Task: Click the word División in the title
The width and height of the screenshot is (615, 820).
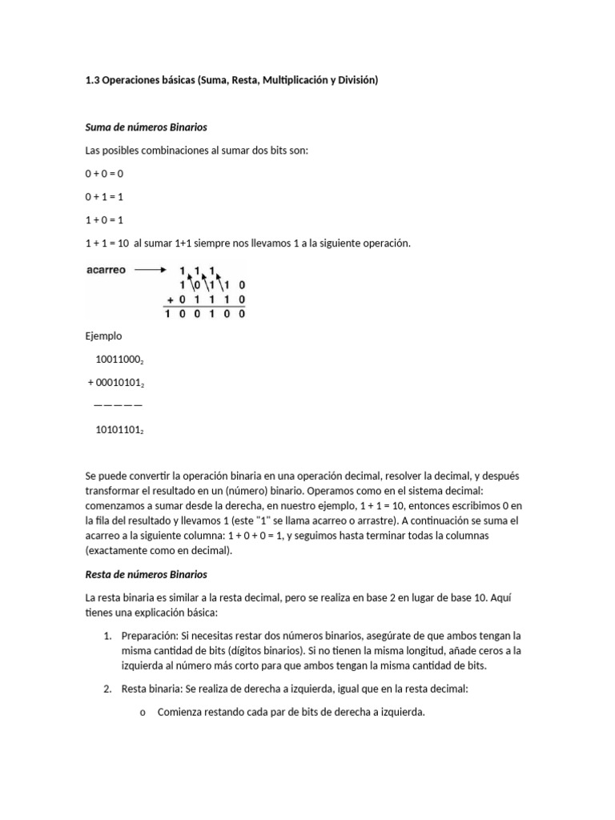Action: (x=356, y=81)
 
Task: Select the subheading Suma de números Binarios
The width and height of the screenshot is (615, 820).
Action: (x=146, y=127)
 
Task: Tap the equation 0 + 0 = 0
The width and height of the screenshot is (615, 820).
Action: (x=104, y=174)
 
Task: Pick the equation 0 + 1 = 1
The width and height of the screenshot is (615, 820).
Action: (x=104, y=197)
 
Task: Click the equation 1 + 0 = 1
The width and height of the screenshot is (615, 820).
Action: (x=104, y=220)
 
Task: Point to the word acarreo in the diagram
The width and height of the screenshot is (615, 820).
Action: (x=106, y=271)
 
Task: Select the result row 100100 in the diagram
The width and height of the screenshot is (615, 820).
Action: (x=205, y=315)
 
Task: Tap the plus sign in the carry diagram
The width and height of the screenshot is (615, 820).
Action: (x=169, y=299)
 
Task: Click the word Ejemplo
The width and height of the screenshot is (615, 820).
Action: (x=103, y=336)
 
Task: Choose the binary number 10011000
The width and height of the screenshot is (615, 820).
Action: (x=119, y=360)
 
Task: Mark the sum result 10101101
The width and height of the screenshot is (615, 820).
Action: (x=119, y=430)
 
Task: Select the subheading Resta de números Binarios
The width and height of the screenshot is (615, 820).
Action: (x=146, y=574)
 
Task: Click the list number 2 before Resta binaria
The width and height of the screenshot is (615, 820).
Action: (x=108, y=689)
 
